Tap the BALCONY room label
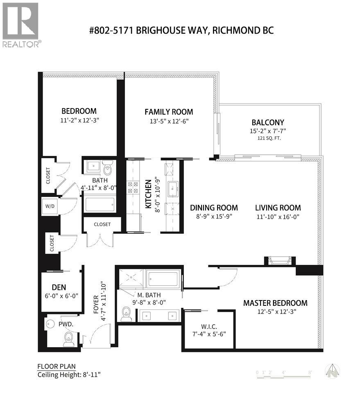point(268,122)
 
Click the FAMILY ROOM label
point(169,112)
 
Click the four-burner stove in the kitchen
point(133,187)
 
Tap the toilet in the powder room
point(69,339)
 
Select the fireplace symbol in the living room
point(280,261)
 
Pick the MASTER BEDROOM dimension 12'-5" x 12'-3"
point(275,311)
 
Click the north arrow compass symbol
point(332,371)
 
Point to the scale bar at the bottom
point(284,373)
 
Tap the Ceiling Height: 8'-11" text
point(69,375)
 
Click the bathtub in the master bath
point(163,280)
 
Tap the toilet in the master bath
point(126,314)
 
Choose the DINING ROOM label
point(214,208)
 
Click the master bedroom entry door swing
point(228,277)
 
